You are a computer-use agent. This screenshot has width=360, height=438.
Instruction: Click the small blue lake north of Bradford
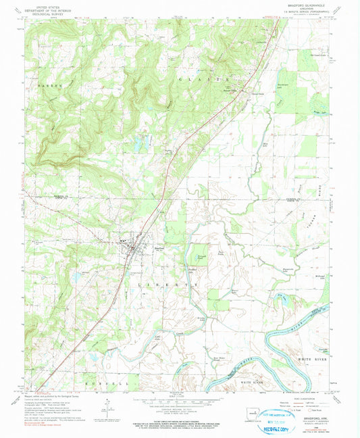(x=140, y=143)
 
